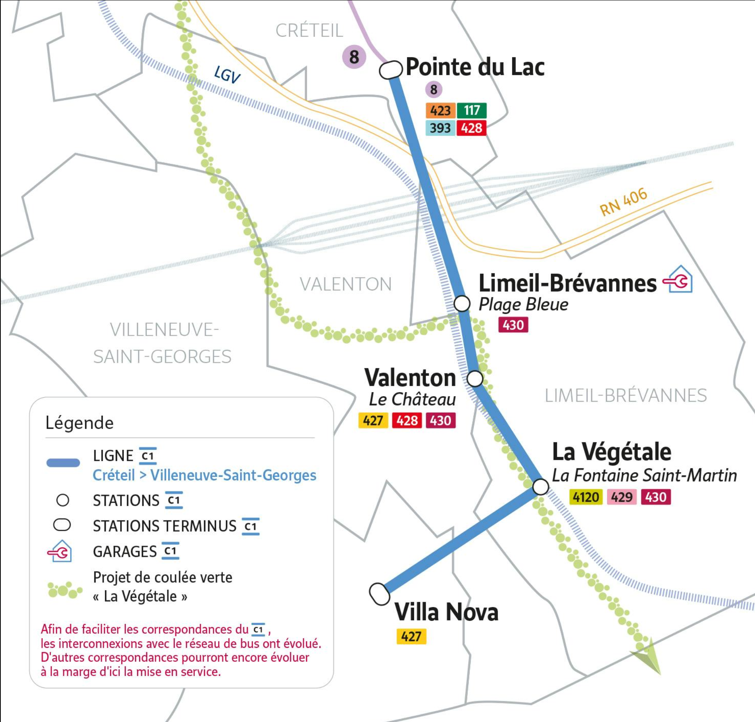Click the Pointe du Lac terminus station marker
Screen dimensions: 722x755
pyautogui.click(x=391, y=70)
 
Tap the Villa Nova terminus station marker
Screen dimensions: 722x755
pyautogui.click(x=380, y=594)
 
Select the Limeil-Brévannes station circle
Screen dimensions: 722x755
pyautogui.click(x=462, y=303)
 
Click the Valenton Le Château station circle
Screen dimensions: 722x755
pyautogui.click(x=475, y=379)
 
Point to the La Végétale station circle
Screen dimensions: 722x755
pyautogui.click(x=540, y=487)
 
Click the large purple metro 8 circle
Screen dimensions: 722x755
pyautogui.click(x=354, y=57)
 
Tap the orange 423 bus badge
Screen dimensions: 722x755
pyautogui.click(x=440, y=111)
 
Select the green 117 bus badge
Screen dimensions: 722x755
pyautogui.click(x=471, y=111)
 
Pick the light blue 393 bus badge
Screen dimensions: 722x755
pyautogui.click(x=440, y=128)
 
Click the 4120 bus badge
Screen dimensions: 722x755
pyautogui.click(x=586, y=497)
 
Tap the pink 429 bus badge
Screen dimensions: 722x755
pyautogui.click(x=622, y=497)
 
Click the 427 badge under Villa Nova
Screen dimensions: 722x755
pyautogui.click(x=411, y=636)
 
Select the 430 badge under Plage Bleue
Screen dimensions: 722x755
pyautogui.click(x=513, y=325)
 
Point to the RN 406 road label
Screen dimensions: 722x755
pyautogui.click(x=623, y=202)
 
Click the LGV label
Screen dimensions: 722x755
pyautogui.click(x=227, y=75)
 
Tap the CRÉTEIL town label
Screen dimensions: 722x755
pyautogui.click(x=309, y=31)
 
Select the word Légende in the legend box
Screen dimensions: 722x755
pyautogui.click(x=79, y=423)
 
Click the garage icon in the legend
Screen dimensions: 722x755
pyautogui.click(x=60, y=551)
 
